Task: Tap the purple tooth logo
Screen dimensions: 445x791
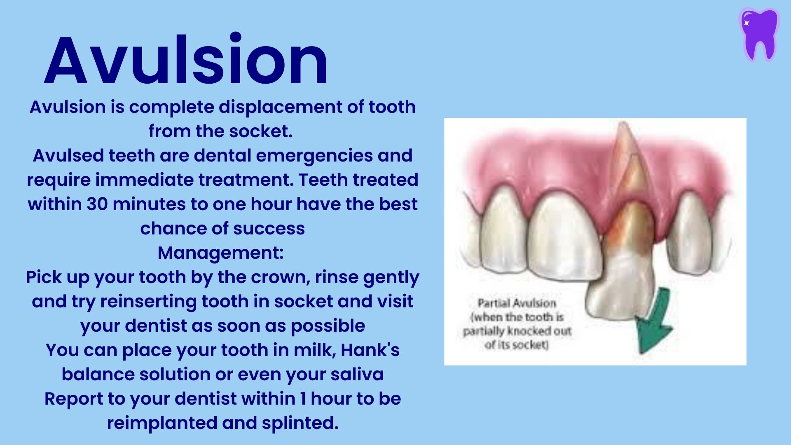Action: [x=759, y=34]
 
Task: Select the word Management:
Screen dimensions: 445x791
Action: [x=221, y=253]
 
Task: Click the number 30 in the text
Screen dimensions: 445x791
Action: [x=97, y=204]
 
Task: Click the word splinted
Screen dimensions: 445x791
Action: [x=300, y=423]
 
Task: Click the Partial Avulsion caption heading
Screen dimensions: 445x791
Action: [x=517, y=303]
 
